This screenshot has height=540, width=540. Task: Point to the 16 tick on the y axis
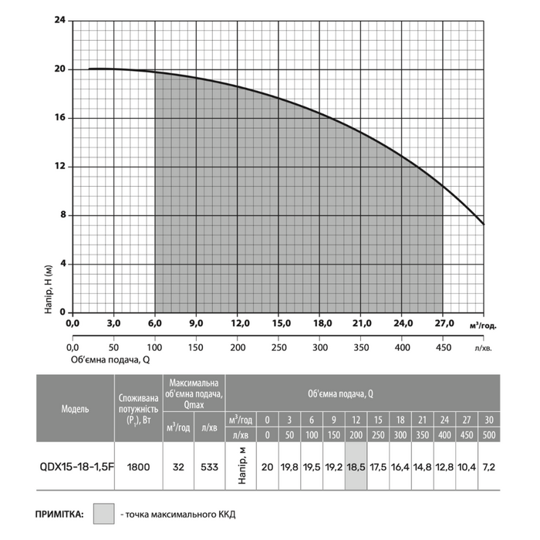60,118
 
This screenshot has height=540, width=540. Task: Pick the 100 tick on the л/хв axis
155,348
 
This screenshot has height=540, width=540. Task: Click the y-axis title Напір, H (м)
49,286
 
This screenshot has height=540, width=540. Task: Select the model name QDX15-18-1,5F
75,467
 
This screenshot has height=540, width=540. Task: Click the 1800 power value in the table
138,467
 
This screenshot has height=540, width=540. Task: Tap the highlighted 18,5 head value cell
355,467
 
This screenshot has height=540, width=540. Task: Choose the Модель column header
75,407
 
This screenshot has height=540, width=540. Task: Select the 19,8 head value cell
289,467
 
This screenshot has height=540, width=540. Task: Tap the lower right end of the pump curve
484,224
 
